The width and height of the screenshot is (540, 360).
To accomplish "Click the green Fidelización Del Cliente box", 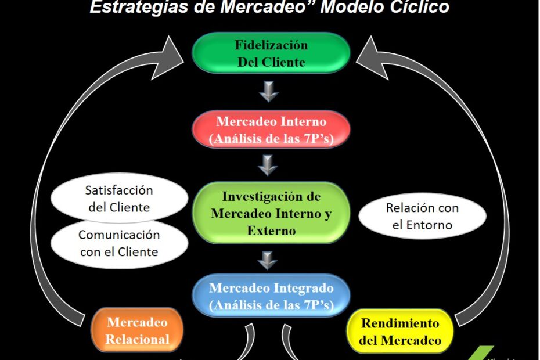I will (x=271, y=53).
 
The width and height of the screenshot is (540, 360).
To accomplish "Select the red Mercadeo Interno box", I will (x=271, y=130).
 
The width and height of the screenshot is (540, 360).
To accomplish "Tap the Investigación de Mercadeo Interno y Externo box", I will (x=271, y=214).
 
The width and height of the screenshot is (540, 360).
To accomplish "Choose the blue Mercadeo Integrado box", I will (x=271, y=296).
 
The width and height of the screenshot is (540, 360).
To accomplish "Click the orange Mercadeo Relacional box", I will (x=137, y=330).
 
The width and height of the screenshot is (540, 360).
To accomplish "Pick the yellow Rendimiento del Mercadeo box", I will (x=399, y=332).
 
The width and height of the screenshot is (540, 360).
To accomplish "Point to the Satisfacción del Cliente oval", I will (x=118, y=199).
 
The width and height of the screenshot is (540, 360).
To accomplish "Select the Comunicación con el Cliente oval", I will (x=118, y=243).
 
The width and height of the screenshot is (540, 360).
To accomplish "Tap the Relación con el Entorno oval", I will (x=422, y=216).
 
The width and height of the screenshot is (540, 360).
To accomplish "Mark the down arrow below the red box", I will (x=268, y=165).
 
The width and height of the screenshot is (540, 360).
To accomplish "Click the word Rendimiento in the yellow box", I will (x=400, y=323).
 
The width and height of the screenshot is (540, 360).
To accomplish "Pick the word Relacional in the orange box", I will (x=138, y=340).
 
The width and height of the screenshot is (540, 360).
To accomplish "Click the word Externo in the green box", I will (x=271, y=230).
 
